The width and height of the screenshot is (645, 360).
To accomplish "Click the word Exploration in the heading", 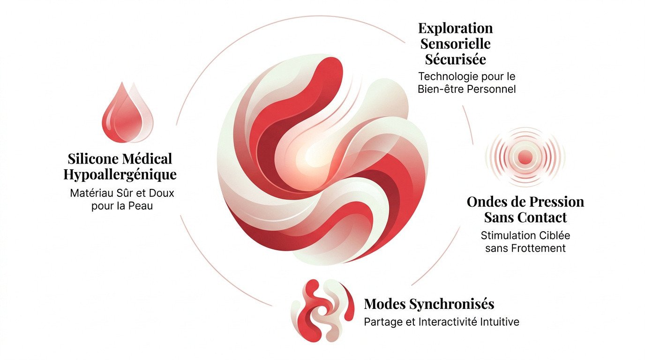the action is pos(456,29).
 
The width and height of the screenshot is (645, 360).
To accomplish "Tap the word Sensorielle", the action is pos(456,44).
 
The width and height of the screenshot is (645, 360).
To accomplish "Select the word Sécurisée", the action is pos(456,60).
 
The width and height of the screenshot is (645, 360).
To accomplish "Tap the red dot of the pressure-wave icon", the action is pos(525,157).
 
